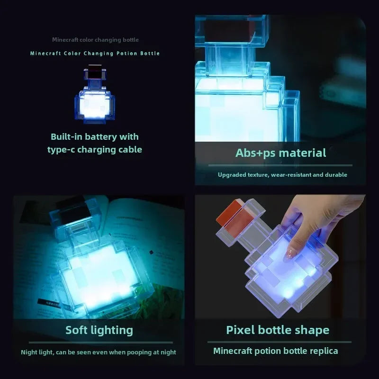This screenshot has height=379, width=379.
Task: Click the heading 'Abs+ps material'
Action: [280, 153]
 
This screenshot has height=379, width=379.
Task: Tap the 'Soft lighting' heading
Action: [99, 330]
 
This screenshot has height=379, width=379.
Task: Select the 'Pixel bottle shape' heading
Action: [277, 330]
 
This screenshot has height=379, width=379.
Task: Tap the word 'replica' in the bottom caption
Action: [324, 351]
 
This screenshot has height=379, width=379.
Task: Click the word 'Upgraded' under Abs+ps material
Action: [232, 175]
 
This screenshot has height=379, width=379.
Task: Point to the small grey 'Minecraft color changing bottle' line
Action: [95, 40]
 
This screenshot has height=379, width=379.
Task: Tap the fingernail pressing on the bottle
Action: [287, 255]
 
